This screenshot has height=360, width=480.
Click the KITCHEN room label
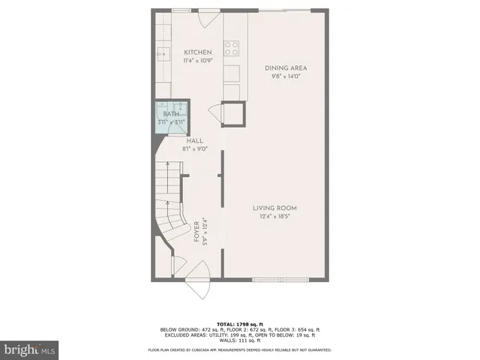click(193, 52)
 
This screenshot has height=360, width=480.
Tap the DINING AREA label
click(286, 68)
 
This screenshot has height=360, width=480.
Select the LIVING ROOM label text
click(274, 208)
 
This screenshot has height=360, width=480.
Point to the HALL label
click(194, 140)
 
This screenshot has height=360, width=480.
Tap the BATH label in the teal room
click(171, 115)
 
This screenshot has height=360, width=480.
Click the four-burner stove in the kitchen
click(232, 47)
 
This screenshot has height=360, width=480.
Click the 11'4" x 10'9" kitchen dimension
click(193, 61)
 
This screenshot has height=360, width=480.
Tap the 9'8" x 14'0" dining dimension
click(286, 76)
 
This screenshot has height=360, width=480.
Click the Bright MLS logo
click(30, 349)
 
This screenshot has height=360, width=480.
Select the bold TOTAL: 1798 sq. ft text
click(240, 324)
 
